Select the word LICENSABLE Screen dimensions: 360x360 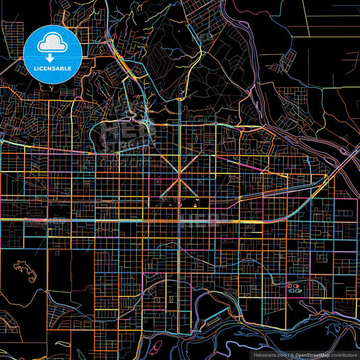53,69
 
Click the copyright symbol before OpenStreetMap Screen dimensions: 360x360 292,355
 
